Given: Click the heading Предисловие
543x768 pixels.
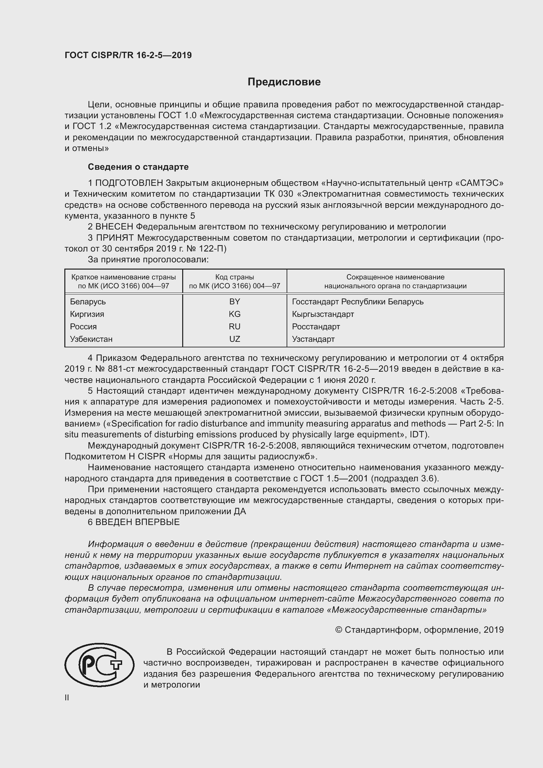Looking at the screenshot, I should (x=284, y=82).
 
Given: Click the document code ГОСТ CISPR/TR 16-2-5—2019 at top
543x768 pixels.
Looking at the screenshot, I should (x=128, y=55).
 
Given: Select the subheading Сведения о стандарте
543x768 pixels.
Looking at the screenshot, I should (x=138, y=166).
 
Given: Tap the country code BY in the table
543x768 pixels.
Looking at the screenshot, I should (x=234, y=302).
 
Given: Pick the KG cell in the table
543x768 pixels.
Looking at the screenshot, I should (x=234, y=314).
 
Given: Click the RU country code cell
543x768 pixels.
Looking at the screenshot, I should (x=234, y=326).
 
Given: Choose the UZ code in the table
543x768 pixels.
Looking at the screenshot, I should (x=234, y=339).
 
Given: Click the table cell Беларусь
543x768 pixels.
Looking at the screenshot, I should (x=88, y=302).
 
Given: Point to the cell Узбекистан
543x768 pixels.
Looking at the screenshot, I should (x=91, y=339).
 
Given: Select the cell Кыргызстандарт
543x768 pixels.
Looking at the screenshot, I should (x=323, y=314).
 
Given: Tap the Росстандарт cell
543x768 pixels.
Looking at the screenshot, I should (x=315, y=326).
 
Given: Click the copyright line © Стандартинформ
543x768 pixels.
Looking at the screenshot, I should (x=419, y=630).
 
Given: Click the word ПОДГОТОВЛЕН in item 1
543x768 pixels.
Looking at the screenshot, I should (x=129, y=183).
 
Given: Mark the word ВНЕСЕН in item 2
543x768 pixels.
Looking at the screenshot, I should (x=114, y=227).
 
